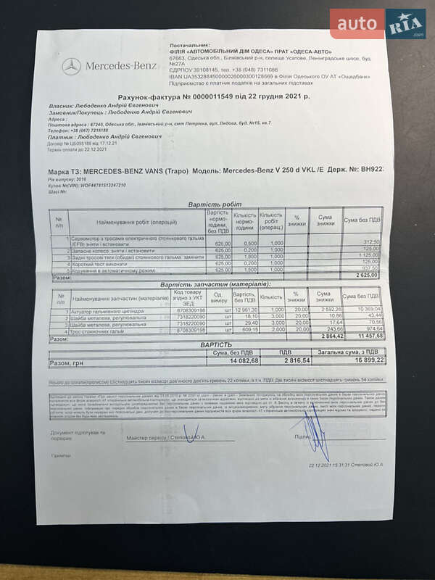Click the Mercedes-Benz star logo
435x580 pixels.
71,66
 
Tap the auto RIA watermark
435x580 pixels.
377,24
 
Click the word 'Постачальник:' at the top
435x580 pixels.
210,44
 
